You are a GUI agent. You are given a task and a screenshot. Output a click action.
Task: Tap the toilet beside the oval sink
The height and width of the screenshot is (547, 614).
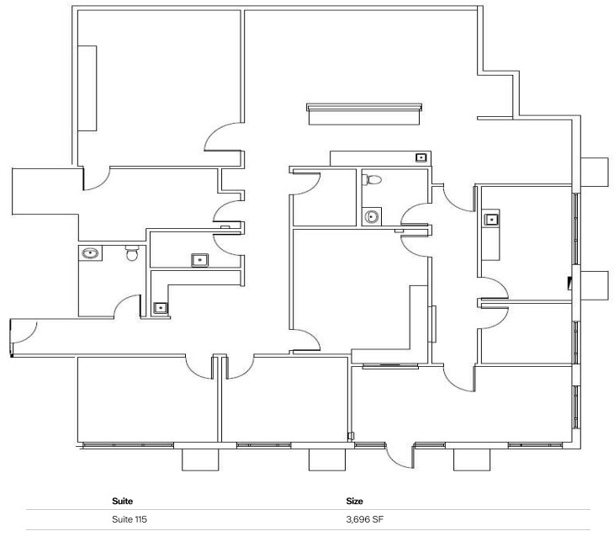(x=130, y=252)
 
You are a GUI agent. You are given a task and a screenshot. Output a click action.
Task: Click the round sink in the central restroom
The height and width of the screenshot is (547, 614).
(x=372, y=217)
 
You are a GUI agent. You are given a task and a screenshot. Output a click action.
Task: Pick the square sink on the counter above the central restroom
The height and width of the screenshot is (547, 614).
(x=421, y=157)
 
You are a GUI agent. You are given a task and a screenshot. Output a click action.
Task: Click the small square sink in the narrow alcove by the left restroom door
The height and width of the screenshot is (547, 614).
(x=160, y=308)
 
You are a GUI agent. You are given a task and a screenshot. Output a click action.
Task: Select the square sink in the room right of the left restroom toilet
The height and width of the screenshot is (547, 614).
(x=199, y=259)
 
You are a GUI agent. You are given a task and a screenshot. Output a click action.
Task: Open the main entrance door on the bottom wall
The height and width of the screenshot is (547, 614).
(x=399, y=455)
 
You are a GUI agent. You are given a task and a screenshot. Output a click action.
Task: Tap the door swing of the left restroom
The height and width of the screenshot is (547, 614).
(x=128, y=306)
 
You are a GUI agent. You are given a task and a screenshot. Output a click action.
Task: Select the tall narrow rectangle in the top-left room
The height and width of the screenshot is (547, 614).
(x=87, y=88)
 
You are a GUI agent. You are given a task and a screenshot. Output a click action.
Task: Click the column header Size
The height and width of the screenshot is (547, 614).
(x=354, y=501)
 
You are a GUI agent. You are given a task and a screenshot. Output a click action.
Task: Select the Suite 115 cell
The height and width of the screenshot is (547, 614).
(x=129, y=519)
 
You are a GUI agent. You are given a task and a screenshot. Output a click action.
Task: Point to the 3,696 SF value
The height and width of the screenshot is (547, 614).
(x=365, y=519)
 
